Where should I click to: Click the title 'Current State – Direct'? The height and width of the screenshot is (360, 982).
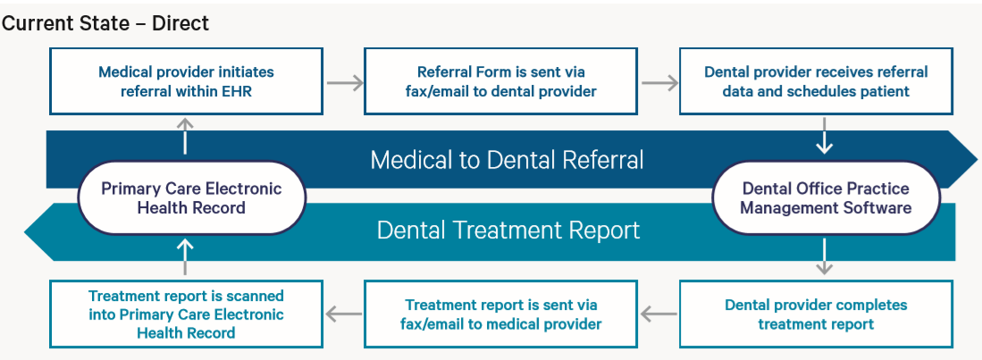coord(105,23)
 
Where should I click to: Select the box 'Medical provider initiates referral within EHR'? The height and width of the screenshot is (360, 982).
coord(186,81)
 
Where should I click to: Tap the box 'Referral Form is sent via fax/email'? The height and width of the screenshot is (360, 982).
coord(500,81)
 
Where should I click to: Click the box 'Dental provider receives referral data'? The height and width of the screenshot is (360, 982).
coord(816,81)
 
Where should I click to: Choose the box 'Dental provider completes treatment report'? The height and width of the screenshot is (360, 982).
coord(816,314)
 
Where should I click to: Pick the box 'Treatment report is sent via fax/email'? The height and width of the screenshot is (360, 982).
coord(500,314)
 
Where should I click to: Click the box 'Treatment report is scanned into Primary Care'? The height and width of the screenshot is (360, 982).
coord(186,314)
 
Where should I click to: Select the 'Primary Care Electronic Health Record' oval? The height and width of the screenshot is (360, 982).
coord(191,197)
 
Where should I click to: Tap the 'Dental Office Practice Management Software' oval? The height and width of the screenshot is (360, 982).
coord(826,197)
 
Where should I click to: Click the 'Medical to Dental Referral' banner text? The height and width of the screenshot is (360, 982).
coord(507,160)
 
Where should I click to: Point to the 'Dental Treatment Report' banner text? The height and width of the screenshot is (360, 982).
coord(508,230)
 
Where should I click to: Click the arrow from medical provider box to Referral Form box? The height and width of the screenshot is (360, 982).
coord(344,83)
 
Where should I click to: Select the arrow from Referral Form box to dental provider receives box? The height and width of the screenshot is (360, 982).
coord(659,83)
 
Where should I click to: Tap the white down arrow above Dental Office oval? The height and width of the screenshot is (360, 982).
coord(825,140)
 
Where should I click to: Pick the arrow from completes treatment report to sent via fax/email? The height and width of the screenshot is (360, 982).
coord(659,314)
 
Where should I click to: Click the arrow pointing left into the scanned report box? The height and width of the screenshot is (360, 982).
coord(344,314)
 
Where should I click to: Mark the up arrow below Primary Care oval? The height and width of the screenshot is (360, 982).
coord(186,255)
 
